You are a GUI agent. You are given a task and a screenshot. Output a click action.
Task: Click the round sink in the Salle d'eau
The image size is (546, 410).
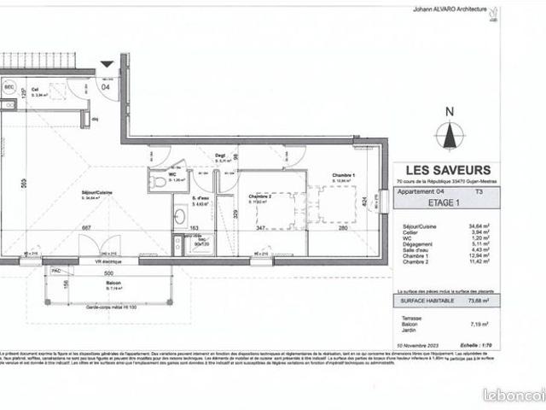(x=181, y=215)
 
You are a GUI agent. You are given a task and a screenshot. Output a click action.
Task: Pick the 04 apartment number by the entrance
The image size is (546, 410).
(x=107, y=85)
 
